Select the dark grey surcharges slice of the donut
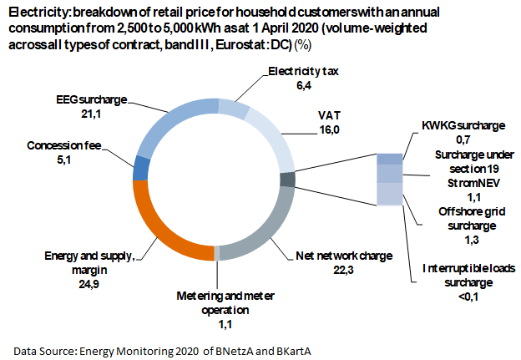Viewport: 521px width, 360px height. tap(288, 179)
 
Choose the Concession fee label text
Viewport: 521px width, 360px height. tap(63, 145)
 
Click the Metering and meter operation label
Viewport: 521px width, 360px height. tap(225, 302)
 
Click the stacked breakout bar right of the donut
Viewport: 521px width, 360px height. tap(389, 179)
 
